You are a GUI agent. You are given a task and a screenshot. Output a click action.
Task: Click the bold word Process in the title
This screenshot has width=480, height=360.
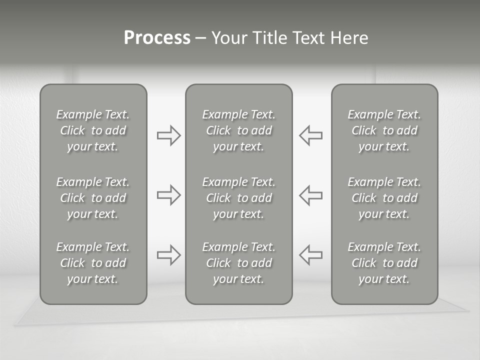point(157,38)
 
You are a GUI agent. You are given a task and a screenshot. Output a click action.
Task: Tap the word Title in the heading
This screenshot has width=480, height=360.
point(268,38)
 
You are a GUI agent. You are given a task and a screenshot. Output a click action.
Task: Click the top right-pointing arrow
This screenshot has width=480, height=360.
point(168,135)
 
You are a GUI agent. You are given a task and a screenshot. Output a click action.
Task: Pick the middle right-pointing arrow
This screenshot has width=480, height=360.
point(168,195)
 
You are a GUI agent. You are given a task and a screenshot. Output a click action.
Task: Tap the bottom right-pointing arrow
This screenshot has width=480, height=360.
point(168,255)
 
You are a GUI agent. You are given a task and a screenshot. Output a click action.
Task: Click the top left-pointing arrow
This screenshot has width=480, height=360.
point(311,135)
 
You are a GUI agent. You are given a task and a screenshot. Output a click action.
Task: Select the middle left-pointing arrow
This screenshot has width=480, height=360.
point(311,195)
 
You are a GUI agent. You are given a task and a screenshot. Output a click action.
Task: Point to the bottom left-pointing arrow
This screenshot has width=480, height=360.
point(311,255)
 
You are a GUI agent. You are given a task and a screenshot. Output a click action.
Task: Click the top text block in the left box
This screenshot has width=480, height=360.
point(93,130)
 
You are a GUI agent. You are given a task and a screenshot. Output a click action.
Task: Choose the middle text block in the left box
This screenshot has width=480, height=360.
point(93,198)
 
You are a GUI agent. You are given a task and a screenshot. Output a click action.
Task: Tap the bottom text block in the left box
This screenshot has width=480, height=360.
point(93,263)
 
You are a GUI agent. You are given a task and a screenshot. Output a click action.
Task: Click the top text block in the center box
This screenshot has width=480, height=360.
point(238,130)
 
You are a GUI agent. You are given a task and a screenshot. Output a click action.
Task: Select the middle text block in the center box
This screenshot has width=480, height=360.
point(238,198)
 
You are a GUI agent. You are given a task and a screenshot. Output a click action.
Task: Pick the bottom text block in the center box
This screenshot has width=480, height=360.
point(238,263)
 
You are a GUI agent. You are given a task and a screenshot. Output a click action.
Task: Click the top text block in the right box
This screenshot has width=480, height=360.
point(384,130)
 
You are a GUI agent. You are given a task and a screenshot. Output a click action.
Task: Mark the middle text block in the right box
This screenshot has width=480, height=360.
point(384,198)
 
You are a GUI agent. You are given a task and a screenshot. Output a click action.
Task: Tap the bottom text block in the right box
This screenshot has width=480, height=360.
point(384,263)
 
